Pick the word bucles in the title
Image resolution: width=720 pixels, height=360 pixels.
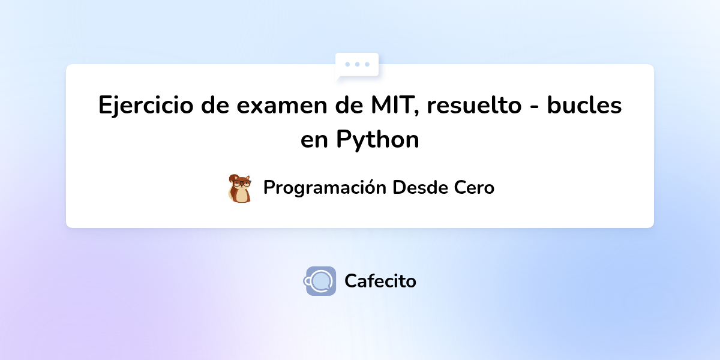point(584,106)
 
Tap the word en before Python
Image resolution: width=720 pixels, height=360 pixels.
point(314,140)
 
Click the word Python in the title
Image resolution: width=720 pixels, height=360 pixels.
point(377,140)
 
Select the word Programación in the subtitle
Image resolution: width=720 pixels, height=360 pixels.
point(325,188)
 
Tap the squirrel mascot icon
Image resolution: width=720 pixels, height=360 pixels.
point(240,188)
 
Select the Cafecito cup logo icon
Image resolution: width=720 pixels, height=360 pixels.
point(320,281)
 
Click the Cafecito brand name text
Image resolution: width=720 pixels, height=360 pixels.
point(380,281)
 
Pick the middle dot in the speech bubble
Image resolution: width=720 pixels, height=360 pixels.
point(358,64)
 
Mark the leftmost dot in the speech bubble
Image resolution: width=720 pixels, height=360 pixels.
point(347,64)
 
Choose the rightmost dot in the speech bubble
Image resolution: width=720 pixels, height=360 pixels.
point(367,64)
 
